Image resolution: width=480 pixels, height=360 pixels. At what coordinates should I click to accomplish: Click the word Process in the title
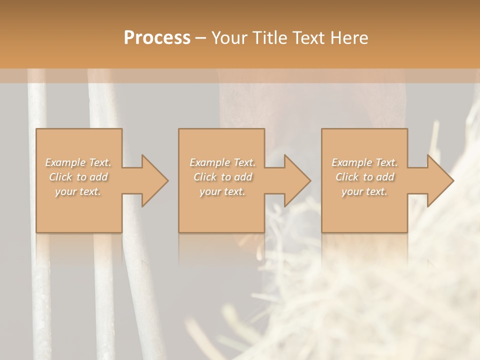point(157,38)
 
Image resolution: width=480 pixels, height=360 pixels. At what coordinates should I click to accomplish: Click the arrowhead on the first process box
point(152,180)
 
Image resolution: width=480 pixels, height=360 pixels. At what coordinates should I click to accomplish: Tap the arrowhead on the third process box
point(438,180)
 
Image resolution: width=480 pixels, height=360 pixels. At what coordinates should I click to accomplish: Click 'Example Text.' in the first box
point(78,162)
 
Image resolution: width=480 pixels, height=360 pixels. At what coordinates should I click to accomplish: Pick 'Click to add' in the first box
point(78,177)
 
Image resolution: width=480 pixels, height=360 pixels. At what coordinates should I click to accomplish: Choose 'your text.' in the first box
point(78,191)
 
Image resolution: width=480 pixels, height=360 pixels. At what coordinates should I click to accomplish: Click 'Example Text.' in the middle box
point(222,162)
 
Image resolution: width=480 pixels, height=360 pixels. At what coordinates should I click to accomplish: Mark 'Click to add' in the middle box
point(222,177)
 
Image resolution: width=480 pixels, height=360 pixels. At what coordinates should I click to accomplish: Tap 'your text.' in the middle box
point(222,191)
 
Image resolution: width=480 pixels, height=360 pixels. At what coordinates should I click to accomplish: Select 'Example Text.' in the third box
point(364,162)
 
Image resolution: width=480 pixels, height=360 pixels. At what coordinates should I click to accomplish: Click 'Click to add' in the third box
point(364,177)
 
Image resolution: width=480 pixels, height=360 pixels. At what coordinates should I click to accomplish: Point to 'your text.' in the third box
point(364,191)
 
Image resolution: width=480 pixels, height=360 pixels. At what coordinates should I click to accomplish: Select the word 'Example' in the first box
point(65,162)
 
